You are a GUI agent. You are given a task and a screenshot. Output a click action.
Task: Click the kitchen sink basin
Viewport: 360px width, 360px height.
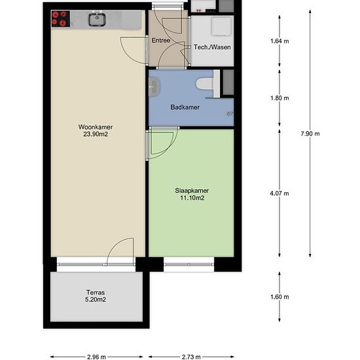97,19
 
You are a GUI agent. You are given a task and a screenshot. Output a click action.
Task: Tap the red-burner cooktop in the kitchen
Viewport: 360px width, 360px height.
60,18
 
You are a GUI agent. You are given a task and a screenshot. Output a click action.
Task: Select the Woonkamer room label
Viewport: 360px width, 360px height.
96,127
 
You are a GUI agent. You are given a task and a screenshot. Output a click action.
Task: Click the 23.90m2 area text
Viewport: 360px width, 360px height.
96,134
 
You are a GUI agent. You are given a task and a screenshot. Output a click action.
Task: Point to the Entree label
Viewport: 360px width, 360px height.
161,41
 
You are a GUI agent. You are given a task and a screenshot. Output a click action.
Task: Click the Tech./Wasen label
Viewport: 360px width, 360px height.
212,47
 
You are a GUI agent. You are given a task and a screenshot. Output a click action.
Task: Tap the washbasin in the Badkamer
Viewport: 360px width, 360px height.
154,87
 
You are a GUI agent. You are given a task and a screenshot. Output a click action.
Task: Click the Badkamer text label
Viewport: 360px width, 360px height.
185,107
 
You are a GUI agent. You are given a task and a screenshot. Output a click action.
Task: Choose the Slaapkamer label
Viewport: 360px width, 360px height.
192,190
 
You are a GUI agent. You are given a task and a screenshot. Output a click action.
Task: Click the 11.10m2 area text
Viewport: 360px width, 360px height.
192,198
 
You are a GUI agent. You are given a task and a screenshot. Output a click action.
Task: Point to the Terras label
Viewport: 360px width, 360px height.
96,293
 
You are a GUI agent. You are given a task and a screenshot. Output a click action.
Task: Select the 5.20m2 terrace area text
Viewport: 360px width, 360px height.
96,300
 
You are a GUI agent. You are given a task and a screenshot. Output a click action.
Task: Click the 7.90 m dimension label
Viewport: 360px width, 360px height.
310,134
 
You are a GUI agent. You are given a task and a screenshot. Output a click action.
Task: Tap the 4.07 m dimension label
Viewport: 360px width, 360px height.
279,193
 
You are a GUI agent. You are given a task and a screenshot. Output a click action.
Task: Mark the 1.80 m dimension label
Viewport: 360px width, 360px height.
279,98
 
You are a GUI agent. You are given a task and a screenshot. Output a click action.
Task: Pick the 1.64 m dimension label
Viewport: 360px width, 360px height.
279,41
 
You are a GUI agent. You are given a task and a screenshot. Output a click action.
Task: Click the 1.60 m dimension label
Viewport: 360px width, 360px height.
279,297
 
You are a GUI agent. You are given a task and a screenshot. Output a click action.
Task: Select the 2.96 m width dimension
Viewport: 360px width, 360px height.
96,357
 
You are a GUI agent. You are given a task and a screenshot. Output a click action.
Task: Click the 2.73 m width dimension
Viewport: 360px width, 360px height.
191,357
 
